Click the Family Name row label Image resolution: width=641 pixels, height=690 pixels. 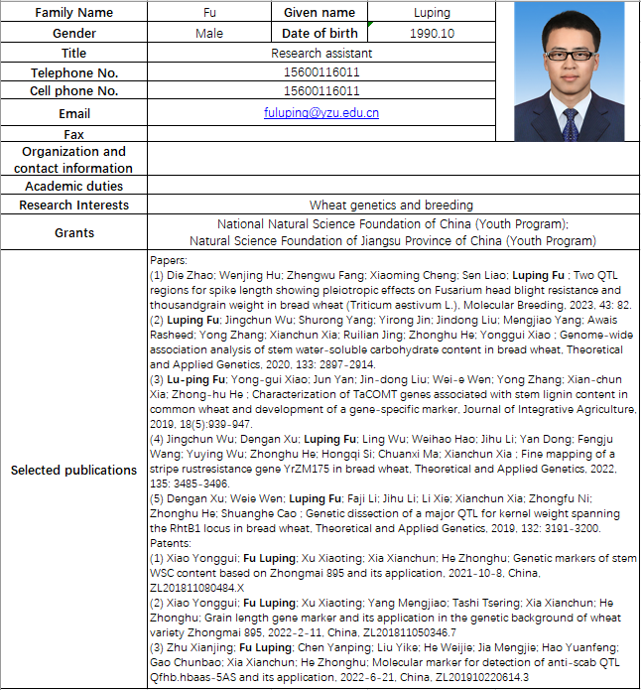(74, 13)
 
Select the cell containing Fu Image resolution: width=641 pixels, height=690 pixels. (209, 13)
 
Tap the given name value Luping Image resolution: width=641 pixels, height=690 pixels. (431, 13)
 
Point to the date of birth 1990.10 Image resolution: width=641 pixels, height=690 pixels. (431, 33)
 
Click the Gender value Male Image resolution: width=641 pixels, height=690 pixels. (209, 33)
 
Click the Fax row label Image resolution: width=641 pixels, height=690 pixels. (74, 133)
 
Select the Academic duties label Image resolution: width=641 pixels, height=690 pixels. (74, 186)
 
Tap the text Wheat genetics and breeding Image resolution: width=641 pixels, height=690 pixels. (391, 205)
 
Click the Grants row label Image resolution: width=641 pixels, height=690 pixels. (74, 232)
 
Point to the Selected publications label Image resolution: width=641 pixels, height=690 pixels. (74, 469)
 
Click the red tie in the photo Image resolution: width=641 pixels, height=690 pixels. (570, 125)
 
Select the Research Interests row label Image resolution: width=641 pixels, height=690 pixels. (74, 205)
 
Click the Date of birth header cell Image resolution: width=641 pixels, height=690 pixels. (320, 33)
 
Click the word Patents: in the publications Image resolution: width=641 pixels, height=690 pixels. (168, 544)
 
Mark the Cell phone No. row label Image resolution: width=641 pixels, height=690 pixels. (74, 91)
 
